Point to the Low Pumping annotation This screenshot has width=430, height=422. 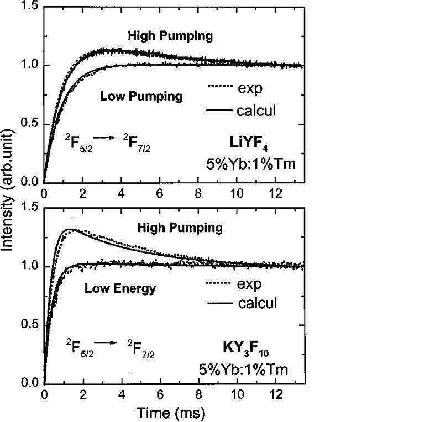pyautogui.click(x=141, y=96)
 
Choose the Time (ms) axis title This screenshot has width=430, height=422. pyautogui.click(x=174, y=413)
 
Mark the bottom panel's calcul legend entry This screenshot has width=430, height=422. pyautogui.click(x=242, y=303)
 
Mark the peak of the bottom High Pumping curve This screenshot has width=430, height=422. pyautogui.click(x=70, y=229)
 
